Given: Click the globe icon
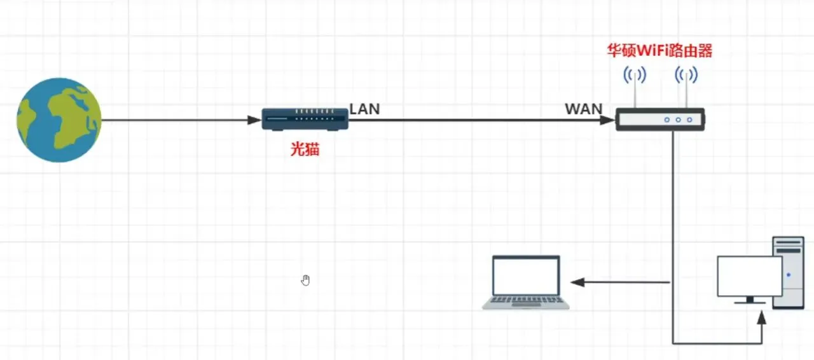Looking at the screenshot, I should point(59,120).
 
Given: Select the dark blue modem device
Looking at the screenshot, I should point(305,119).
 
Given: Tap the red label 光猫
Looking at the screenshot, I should point(305,149).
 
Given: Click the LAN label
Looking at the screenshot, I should point(364,109).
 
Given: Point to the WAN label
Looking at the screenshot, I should point(583,109).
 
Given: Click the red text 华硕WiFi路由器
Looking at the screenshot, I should point(659,52).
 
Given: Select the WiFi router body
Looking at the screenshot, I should point(659,120).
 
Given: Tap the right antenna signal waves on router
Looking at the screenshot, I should point(686,76).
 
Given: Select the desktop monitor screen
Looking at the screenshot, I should point(749,276).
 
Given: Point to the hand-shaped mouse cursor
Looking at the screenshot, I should point(306,280).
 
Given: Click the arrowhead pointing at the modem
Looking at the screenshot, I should point(254,120).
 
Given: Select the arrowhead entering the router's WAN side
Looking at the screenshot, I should point(608,120).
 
